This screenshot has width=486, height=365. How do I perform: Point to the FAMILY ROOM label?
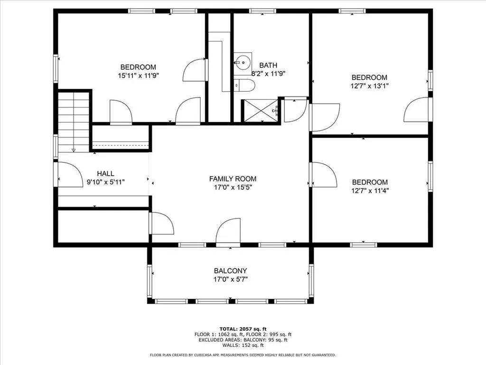(233, 179)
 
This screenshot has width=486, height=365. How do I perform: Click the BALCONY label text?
(230, 270)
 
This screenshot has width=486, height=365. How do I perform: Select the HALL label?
(105, 173)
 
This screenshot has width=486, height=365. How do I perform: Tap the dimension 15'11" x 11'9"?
(138, 75)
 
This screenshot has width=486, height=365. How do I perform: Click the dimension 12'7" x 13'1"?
(369, 86)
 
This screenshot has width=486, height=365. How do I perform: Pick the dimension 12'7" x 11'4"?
(369, 191)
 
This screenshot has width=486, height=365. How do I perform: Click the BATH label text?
(268, 65)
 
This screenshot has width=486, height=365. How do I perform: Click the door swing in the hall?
(70, 175)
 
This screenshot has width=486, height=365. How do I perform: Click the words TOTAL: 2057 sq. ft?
(243, 328)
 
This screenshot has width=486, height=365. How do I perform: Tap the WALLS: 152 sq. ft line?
(243, 345)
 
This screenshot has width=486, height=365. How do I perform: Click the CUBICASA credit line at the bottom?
(243, 355)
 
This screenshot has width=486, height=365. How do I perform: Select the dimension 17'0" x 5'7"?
(230, 279)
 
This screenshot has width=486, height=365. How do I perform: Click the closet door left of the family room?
(161, 223)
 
